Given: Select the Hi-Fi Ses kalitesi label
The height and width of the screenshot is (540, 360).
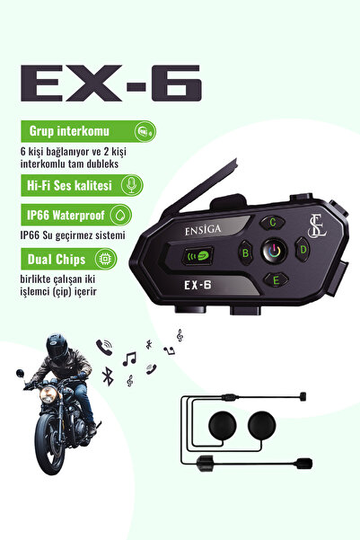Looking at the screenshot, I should tap(64, 184).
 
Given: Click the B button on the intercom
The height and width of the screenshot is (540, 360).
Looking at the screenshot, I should tap(245, 252).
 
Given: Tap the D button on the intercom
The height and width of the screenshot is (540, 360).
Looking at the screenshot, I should tap(303, 249).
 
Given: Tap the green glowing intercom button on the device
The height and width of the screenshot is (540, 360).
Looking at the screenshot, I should tap(197, 254).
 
